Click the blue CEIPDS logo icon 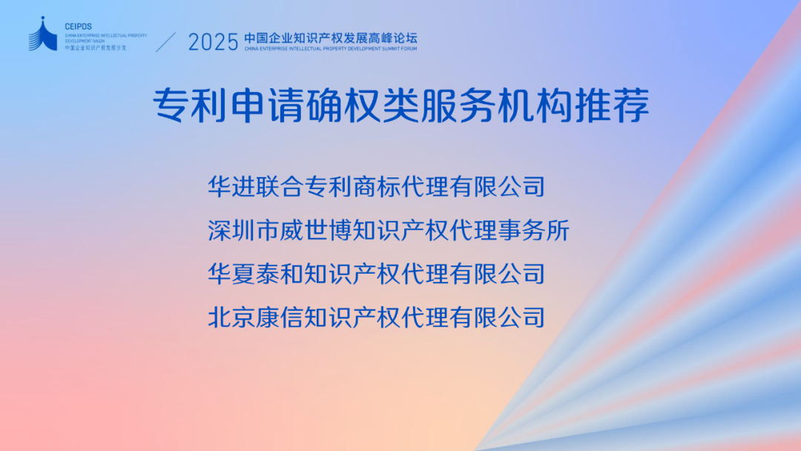point(43,35)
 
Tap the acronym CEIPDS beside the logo point(77,26)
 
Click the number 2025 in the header point(213,42)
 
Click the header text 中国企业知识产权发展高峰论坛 point(331,36)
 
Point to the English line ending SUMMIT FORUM point(331,48)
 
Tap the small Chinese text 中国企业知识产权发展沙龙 point(96,47)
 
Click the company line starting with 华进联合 point(377,185)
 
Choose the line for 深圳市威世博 point(389,231)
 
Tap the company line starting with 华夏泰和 point(377,274)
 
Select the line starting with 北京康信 point(377,317)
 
